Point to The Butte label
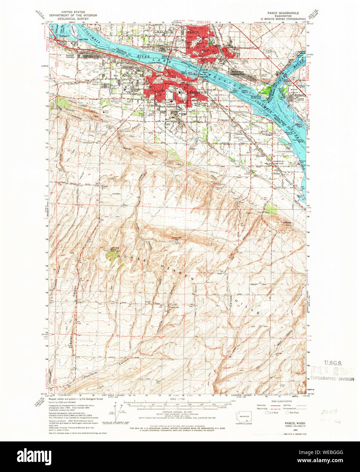(287, 223)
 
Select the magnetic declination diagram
(118, 410)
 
